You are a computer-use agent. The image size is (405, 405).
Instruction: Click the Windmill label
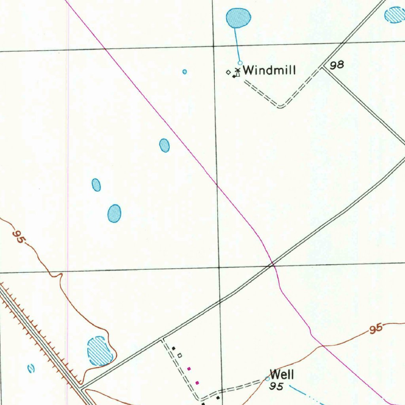[x=269, y=70]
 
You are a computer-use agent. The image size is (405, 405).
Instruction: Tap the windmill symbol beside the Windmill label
[x=237, y=72]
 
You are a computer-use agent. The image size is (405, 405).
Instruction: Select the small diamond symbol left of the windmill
[x=228, y=72]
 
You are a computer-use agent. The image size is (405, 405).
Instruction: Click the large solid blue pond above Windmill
[x=238, y=18]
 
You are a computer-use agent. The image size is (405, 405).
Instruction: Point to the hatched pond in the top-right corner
[x=395, y=15]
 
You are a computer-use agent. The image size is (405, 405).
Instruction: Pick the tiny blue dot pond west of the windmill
[x=184, y=72]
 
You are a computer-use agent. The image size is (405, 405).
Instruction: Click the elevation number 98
[x=337, y=65]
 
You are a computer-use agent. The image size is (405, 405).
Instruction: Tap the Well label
[x=282, y=374]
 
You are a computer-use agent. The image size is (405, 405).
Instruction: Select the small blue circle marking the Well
[x=267, y=379]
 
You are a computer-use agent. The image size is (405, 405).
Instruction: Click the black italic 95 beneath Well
[x=276, y=386]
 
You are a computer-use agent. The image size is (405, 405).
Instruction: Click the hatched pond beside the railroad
[x=99, y=351]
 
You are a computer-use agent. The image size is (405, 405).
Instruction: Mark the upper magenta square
[x=189, y=369]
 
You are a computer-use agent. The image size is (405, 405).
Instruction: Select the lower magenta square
[x=197, y=382]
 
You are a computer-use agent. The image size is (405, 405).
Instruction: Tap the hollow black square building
[x=180, y=356]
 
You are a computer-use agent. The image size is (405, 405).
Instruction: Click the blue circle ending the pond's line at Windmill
[x=240, y=63]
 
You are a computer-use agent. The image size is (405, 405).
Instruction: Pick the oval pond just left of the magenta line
[x=164, y=146]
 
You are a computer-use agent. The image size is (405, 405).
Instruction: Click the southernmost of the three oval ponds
[x=114, y=214]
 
